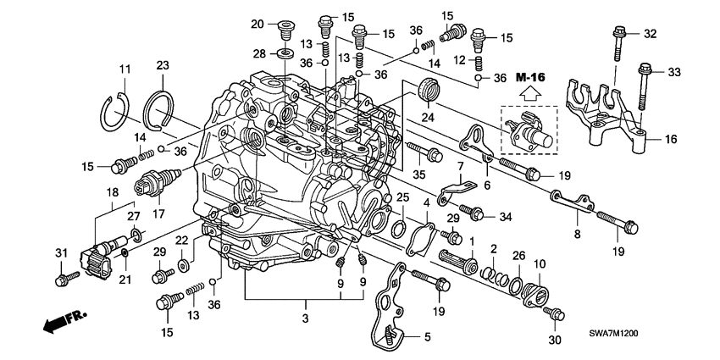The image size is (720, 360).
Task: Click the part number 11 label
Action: point(125,69)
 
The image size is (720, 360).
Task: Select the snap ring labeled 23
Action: point(160,109)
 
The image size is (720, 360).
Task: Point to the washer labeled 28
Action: point(285,55)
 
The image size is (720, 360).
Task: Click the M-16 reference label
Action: point(530,78)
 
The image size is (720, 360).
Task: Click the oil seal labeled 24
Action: point(432,88)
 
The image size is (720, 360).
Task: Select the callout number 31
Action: point(60,254)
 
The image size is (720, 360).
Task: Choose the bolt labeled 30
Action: point(555,314)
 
